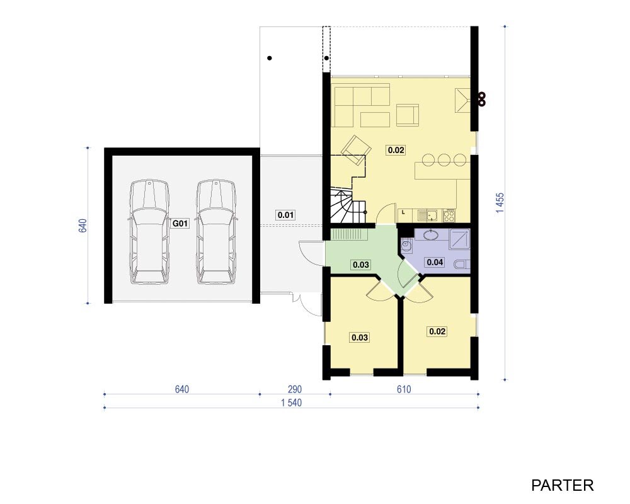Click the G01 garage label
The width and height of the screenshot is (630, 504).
[180, 223]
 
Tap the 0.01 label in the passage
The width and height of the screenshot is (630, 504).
[285, 215]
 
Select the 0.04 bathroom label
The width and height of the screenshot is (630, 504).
[435, 263]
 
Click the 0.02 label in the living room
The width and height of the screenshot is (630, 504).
[396, 150]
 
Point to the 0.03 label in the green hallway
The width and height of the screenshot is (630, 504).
[361, 265]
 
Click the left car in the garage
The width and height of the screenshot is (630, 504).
[149, 232]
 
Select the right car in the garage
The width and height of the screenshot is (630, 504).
[215, 232]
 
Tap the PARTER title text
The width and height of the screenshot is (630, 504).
[562, 485]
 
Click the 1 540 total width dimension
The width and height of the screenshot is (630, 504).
[291, 403]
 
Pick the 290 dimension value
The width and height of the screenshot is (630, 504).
[294, 389]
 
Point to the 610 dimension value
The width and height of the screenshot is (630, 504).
[404, 389]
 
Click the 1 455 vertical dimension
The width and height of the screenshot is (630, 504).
[500, 203]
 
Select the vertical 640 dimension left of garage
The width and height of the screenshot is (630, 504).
[82, 226]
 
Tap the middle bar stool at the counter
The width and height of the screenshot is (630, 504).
[444, 159]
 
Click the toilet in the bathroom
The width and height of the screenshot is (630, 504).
[462, 265]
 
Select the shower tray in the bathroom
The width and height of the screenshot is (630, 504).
[459, 239]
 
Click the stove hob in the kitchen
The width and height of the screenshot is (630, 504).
[449, 216]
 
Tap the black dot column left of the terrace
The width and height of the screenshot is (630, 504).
[270, 58]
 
